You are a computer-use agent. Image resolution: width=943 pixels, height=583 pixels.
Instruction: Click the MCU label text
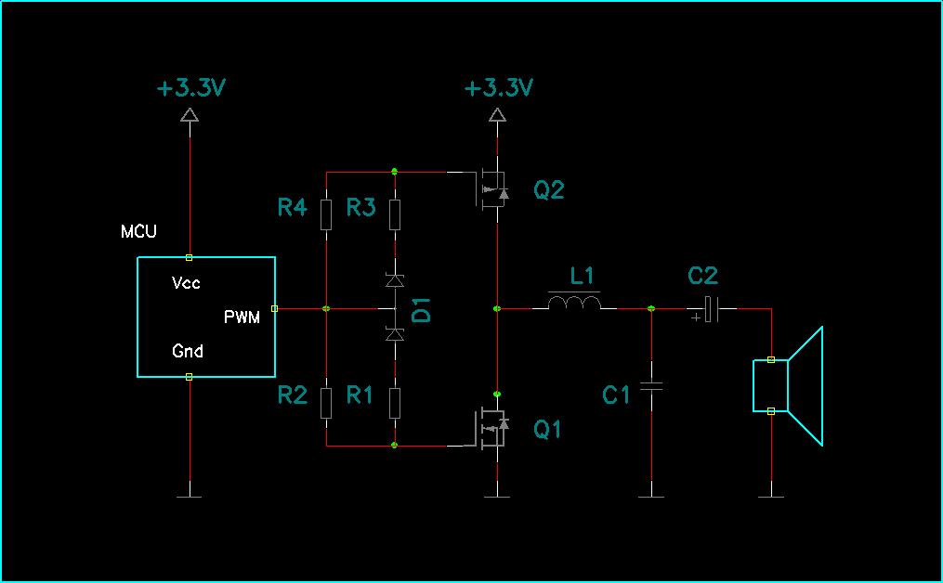(139, 231)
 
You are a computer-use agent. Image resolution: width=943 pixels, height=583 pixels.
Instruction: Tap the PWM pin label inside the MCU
(242, 317)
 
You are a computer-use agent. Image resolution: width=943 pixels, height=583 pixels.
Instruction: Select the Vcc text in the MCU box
(186, 282)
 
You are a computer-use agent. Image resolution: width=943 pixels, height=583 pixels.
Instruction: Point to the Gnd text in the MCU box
(188, 350)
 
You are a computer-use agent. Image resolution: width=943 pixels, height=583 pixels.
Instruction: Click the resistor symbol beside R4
(326, 215)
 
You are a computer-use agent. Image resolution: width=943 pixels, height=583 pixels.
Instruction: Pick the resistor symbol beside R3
(395, 215)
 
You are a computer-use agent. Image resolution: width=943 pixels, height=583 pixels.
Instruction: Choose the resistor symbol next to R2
(326, 403)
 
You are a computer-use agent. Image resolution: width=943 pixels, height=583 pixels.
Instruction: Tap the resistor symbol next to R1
(395, 403)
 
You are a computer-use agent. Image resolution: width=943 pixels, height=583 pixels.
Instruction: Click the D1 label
(423, 310)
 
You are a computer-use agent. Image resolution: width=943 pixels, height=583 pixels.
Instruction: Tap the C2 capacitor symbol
(710, 309)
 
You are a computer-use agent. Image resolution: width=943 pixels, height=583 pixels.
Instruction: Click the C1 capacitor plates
(651, 386)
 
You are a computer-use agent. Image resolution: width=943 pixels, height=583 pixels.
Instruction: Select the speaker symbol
(788, 386)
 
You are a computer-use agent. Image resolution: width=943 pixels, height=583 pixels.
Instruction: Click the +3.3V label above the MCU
(190, 88)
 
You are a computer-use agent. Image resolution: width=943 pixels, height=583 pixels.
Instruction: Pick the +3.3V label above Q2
(499, 88)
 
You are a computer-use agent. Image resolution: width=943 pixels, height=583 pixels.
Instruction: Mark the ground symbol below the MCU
(190, 497)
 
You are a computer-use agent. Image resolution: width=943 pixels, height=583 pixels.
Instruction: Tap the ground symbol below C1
(651, 497)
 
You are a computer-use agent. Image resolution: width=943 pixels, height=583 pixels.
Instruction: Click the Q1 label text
(547, 429)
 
